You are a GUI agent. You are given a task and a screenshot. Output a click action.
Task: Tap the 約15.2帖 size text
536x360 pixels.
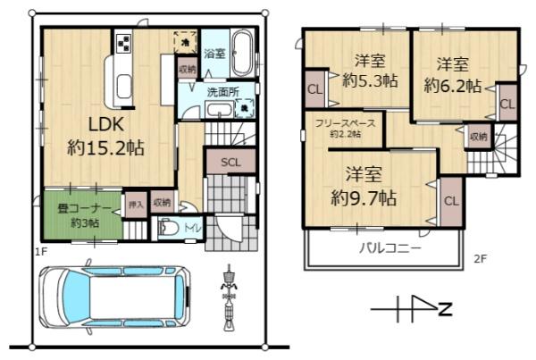point(105,147)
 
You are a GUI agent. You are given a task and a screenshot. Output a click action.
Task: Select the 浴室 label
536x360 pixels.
point(213,53)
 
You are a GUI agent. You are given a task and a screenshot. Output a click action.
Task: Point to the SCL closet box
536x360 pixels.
point(230,163)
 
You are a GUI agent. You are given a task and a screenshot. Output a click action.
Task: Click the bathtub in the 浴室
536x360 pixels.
point(240,53)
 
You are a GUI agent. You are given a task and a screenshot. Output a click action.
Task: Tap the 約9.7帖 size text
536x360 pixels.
point(364,196)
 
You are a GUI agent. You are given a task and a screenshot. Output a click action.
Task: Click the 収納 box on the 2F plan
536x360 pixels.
point(478,137)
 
